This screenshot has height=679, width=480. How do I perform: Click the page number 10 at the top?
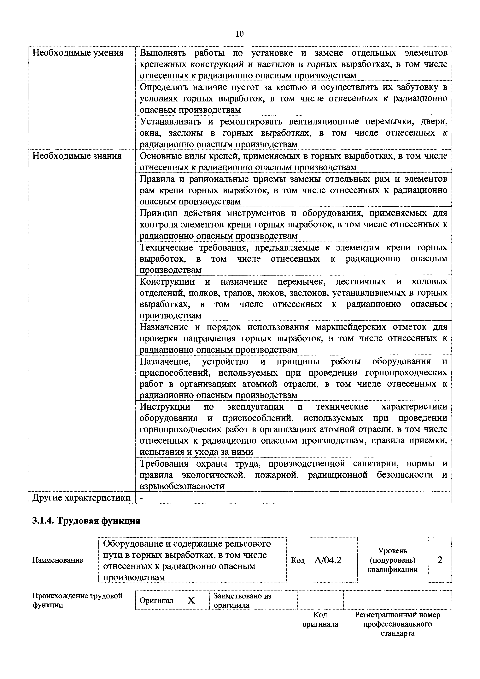(240, 34)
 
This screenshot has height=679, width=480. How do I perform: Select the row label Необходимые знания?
(77, 156)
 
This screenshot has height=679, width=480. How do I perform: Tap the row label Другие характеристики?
(81, 498)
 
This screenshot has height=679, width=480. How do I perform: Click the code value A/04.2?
(328, 560)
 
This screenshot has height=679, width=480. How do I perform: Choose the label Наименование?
(58, 560)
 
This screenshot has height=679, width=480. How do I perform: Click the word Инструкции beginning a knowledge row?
(165, 407)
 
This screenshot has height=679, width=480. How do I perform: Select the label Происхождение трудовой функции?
(77, 600)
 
